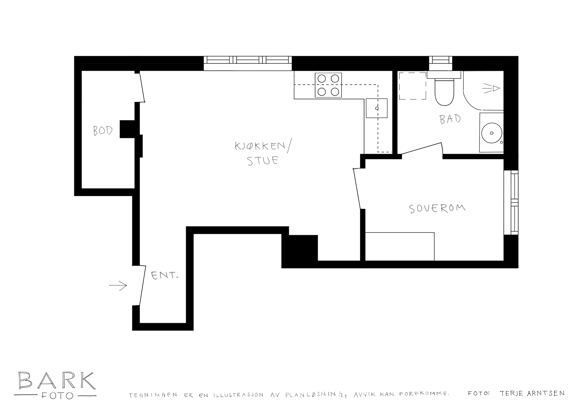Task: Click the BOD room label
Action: (x=103, y=131)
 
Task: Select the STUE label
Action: (x=263, y=161)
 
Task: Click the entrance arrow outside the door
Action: (x=118, y=286)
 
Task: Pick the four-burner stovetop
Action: (x=328, y=85)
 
